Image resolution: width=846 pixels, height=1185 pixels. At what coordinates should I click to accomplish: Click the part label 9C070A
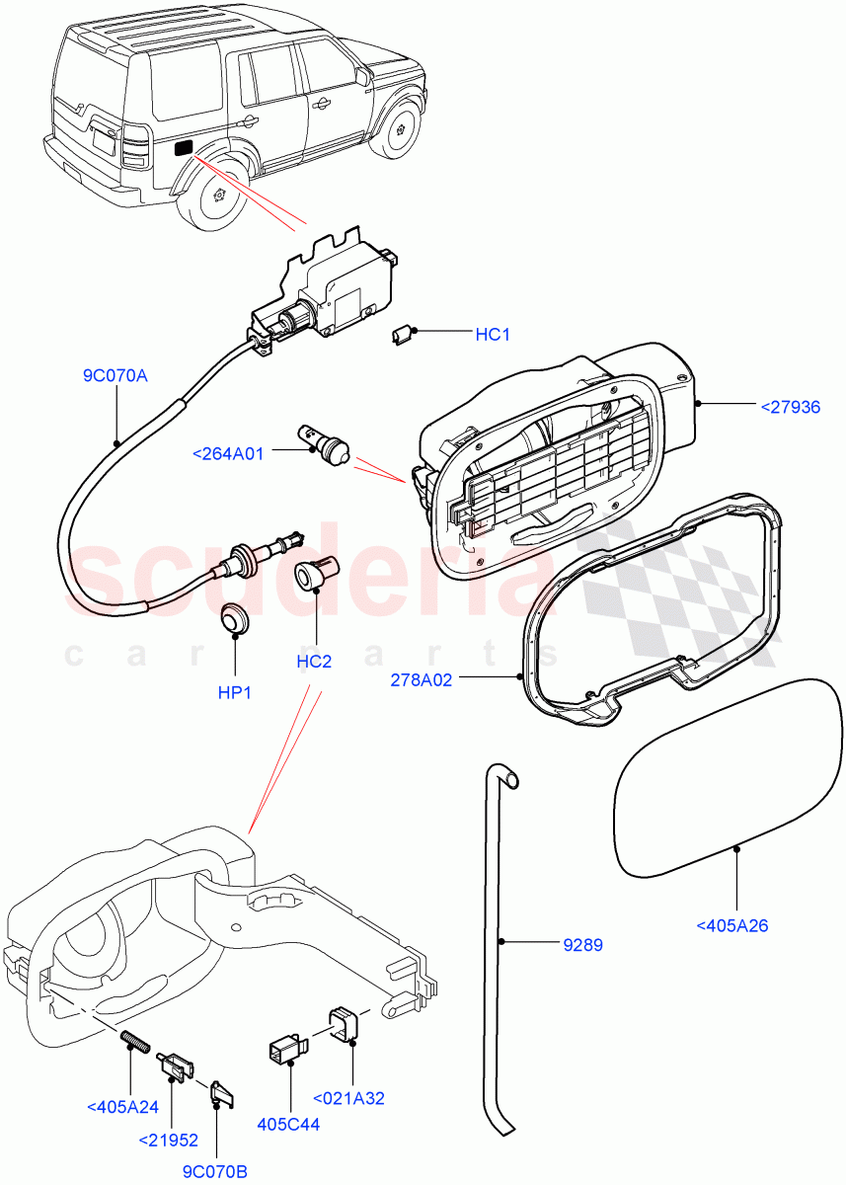(115, 375)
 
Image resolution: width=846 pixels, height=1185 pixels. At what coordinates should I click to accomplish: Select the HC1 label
(493, 335)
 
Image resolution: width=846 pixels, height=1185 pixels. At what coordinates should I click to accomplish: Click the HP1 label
(235, 692)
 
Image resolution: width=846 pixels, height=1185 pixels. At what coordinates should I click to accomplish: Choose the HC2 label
(314, 661)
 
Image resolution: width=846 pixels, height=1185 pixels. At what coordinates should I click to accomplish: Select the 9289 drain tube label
(582, 945)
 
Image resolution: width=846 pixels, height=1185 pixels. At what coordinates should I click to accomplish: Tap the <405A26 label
(731, 925)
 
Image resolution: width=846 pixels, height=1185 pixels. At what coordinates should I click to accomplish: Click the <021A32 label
(349, 1097)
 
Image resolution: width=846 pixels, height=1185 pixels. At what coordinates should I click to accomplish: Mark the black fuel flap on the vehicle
(184, 148)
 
